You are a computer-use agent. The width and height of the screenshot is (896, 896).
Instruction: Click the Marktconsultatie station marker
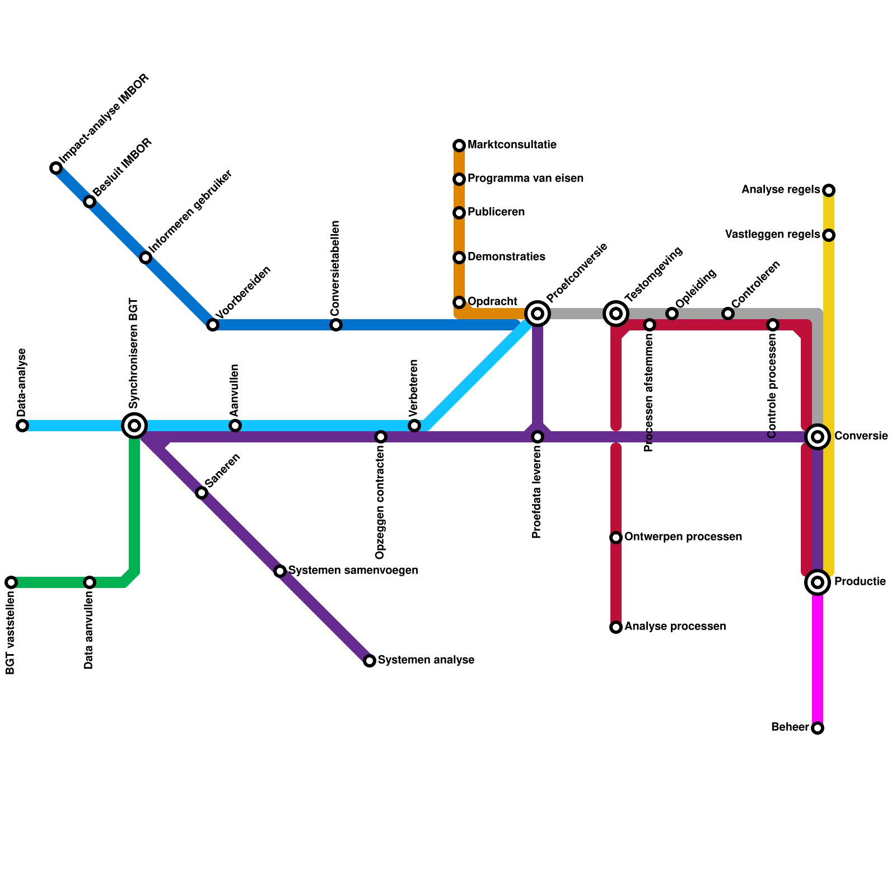(459, 146)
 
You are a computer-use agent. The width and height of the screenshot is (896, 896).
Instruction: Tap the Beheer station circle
(818, 728)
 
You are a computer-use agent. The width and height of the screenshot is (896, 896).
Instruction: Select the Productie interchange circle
(818, 582)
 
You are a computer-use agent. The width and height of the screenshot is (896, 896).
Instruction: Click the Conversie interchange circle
(818, 437)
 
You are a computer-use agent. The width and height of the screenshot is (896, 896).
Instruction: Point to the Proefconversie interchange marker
(538, 314)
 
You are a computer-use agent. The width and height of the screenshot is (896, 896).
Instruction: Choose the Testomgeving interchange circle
(616, 314)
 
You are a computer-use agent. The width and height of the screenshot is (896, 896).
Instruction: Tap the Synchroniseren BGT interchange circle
(134, 426)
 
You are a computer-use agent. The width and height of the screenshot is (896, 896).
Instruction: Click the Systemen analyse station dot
(370, 661)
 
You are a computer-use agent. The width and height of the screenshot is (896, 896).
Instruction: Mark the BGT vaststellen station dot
(11, 582)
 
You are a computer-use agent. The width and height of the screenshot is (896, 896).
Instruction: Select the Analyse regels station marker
(829, 190)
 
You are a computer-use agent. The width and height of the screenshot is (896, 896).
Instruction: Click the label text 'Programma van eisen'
(525, 179)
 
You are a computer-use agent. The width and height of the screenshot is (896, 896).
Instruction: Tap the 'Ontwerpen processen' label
(683, 537)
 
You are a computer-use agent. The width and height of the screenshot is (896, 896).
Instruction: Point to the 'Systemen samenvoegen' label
(353, 571)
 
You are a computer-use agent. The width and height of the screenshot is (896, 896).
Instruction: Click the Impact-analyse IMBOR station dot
(56, 168)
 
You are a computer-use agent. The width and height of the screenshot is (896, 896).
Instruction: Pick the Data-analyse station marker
(22, 426)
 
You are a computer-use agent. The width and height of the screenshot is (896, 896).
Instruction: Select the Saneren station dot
(202, 493)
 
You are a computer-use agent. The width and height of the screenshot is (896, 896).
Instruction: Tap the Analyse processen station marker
(616, 627)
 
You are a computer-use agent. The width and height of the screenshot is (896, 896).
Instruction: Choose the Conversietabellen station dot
(336, 325)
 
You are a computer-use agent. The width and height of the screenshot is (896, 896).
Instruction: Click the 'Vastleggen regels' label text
(772, 235)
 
